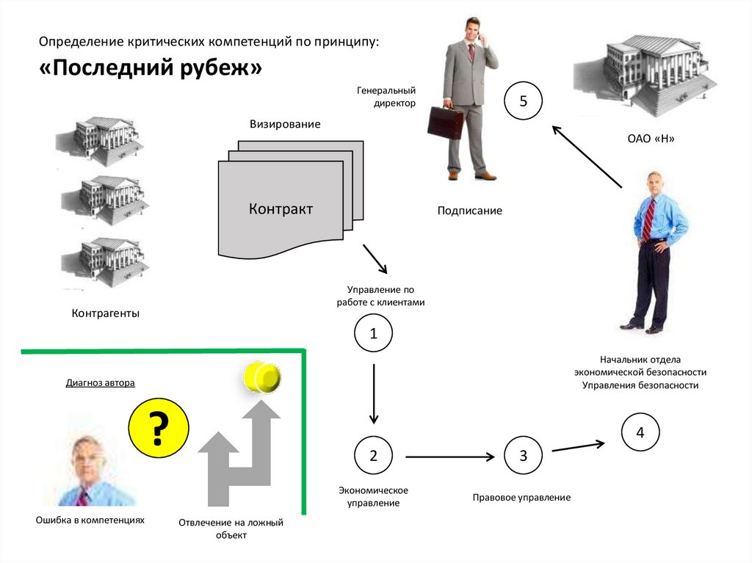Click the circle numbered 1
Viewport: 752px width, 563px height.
pyautogui.click(x=373, y=334)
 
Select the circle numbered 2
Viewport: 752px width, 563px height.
pyautogui.click(x=373, y=456)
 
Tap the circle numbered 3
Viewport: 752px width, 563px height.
pyautogui.click(x=523, y=456)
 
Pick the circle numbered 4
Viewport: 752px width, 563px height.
pyautogui.click(x=640, y=433)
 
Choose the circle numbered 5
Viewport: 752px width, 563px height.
pyautogui.click(x=523, y=101)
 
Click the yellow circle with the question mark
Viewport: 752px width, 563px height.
pyautogui.click(x=159, y=428)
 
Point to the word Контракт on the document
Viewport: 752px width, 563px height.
pyautogui.click(x=281, y=209)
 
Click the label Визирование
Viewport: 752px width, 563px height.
pyautogui.click(x=285, y=124)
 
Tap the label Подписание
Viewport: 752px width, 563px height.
pyautogui.click(x=470, y=211)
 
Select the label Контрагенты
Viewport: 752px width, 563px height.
pyautogui.click(x=105, y=313)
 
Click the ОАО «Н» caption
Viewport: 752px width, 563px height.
pyautogui.click(x=651, y=139)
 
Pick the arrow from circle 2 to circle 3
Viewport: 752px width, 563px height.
pyautogui.click(x=449, y=457)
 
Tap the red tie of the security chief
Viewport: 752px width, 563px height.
pyautogui.click(x=648, y=219)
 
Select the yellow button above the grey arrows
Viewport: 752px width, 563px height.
pyautogui.click(x=262, y=377)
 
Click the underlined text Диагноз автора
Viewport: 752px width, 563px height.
pyautogui.click(x=101, y=382)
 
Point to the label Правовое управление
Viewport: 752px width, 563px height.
pyautogui.click(x=521, y=498)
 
